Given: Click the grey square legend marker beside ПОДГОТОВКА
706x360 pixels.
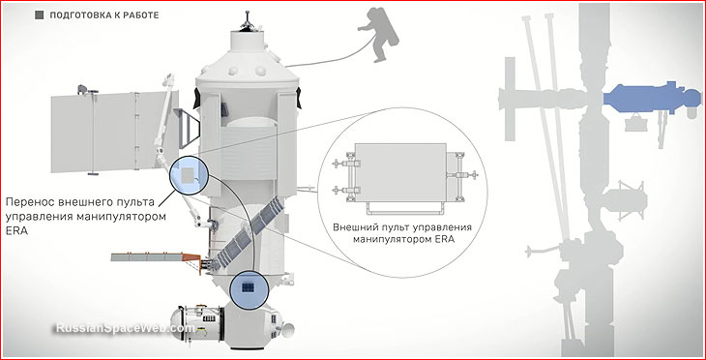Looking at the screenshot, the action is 40,15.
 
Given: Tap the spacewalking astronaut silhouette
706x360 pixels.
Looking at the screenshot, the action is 379,34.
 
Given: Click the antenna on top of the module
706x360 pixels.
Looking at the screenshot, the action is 247,20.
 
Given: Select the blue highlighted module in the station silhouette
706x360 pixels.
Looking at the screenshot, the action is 651,98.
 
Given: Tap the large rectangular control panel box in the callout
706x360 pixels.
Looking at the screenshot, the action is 400,173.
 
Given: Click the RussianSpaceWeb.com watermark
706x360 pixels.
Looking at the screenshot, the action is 125,328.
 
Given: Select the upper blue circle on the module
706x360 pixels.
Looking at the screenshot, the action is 190,175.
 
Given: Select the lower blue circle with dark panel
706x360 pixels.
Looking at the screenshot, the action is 249,289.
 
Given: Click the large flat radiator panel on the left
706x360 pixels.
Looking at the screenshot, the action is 115,132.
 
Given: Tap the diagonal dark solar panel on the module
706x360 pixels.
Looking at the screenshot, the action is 250,234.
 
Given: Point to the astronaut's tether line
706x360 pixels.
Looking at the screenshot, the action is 331,56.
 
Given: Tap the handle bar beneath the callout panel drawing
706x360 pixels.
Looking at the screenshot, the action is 405,208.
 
